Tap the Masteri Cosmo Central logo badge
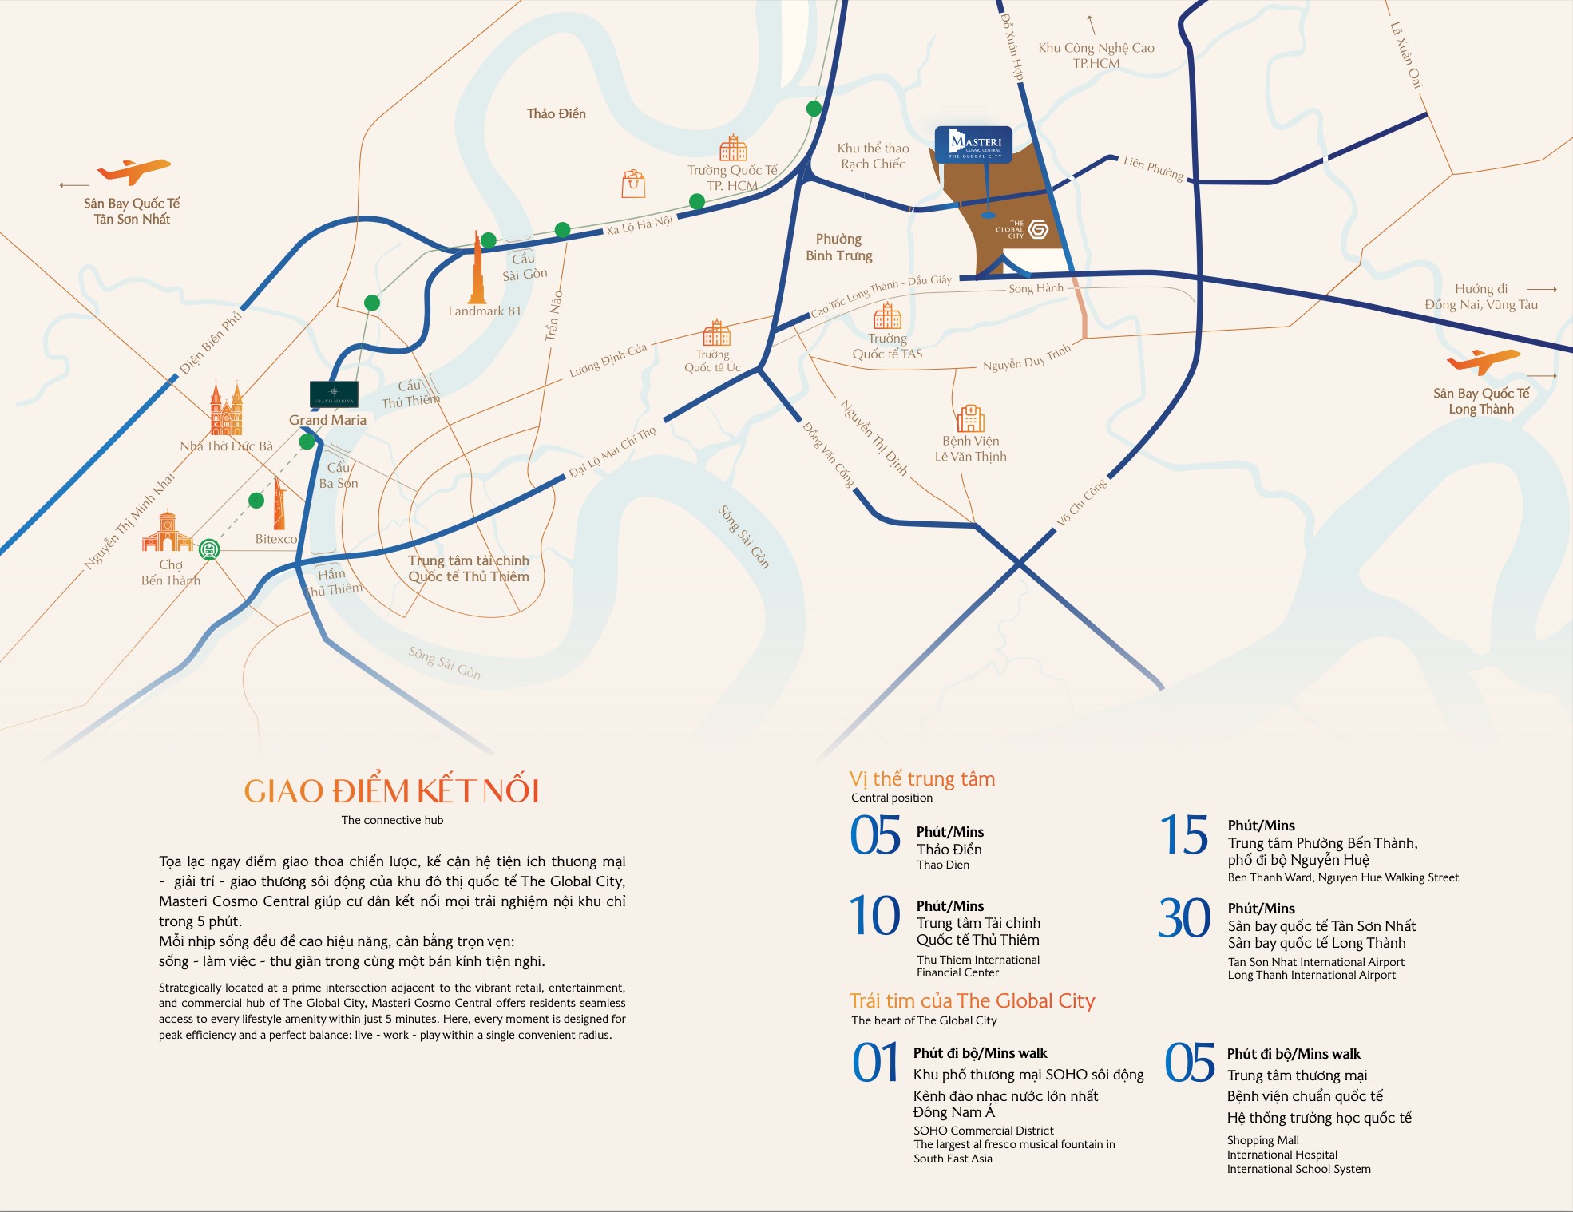pos(973,145)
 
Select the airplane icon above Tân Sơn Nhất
pos(133,171)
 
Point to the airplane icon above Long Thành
pos(1483,361)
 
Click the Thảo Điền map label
pos(556,113)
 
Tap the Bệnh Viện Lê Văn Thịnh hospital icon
pos(970,418)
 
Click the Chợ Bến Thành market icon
pos(167,533)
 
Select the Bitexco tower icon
pos(279,504)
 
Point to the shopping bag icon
pos(633,184)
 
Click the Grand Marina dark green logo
pos(334,394)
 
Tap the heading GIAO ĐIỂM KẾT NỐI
pos(391,791)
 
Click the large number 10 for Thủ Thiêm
pos(874,916)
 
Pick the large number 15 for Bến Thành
pos(1184,835)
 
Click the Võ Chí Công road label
pos(1082,502)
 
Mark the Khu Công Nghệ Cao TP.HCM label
pos(1096,55)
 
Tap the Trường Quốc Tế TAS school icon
pos(887,316)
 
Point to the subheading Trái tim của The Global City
pos(972,1001)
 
